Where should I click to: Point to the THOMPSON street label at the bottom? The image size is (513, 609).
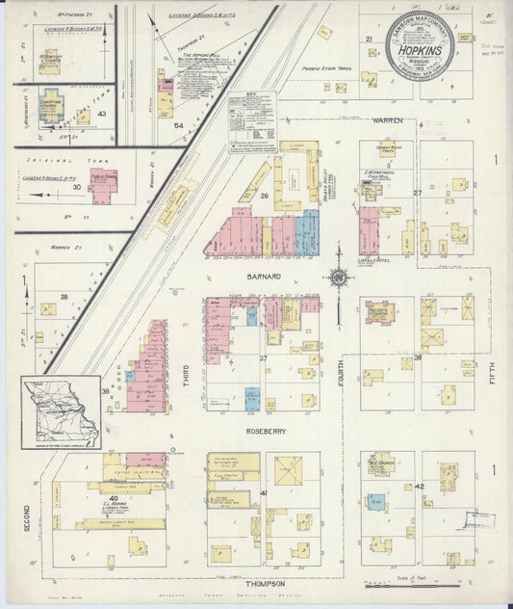[263, 584]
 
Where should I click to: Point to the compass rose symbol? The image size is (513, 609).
[339, 278]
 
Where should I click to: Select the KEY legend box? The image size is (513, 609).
[252, 122]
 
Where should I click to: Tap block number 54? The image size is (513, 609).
[177, 126]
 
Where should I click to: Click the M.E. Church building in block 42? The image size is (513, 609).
[379, 463]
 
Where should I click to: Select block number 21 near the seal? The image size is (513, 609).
[369, 40]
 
